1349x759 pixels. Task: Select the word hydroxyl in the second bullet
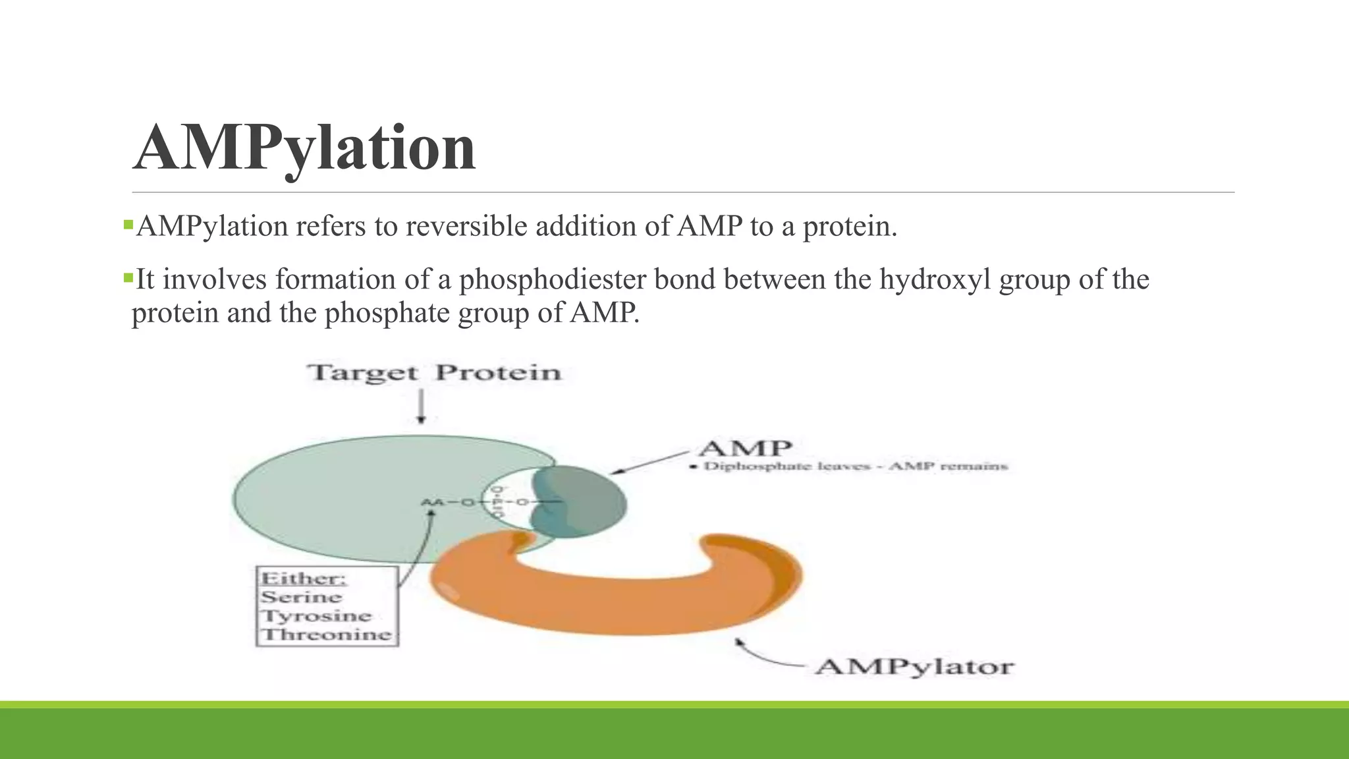click(x=935, y=279)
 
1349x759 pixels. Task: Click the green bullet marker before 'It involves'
click(x=128, y=277)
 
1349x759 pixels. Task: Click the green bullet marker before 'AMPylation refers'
click(x=128, y=225)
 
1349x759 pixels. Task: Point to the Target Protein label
click(x=433, y=373)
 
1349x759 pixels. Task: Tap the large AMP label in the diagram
click(x=744, y=449)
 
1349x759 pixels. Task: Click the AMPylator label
click(x=914, y=667)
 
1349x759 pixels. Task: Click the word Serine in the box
click(x=301, y=598)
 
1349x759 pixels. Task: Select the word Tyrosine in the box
click(x=316, y=617)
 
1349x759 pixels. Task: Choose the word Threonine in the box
click(x=327, y=635)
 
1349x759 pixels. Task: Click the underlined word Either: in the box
click(x=304, y=578)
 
